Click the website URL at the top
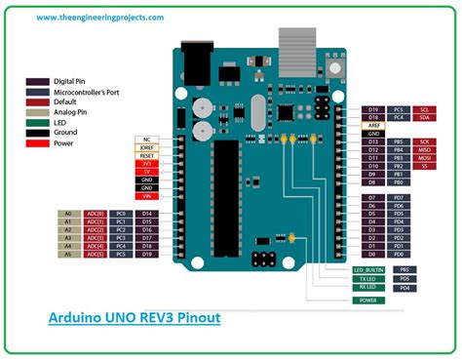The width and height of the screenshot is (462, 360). click(x=85, y=17)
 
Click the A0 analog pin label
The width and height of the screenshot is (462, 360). click(x=68, y=213)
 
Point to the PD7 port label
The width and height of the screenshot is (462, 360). click(x=400, y=198)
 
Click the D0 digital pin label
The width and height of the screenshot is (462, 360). click(x=372, y=255)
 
